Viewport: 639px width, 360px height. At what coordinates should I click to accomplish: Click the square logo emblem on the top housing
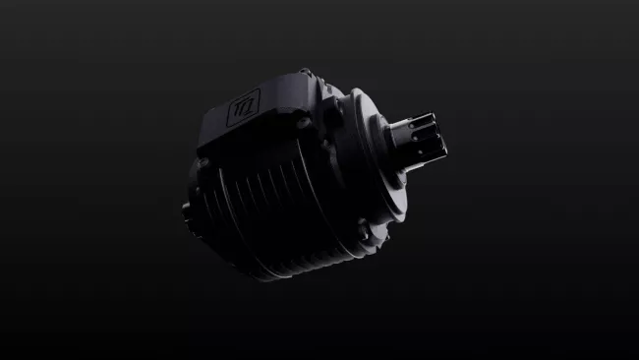point(243,106)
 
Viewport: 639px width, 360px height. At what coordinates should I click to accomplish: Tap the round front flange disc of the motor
point(369,157)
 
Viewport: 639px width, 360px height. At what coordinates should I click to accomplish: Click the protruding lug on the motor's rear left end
point(186,210)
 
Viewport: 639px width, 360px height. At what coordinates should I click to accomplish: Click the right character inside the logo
point(248,103)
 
